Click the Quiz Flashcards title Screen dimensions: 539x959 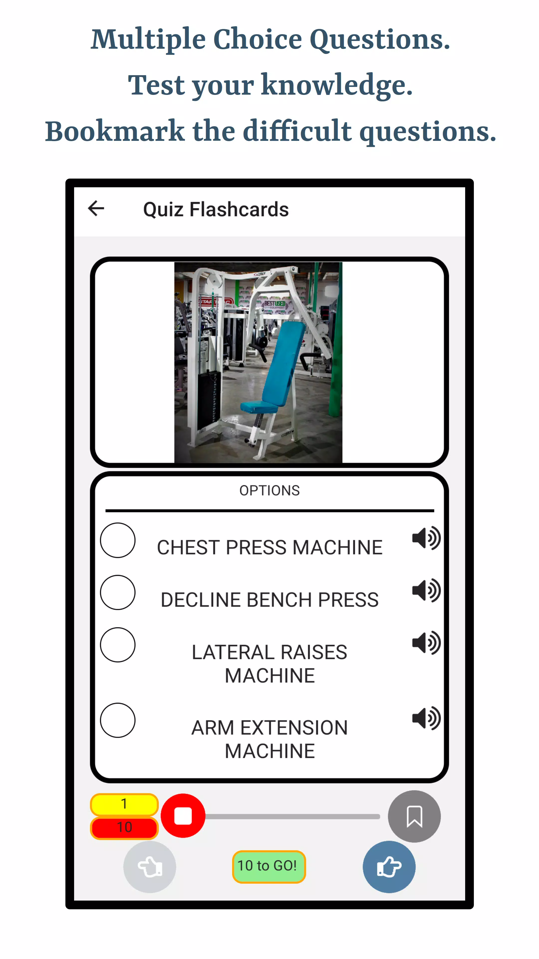(x=216, y=209)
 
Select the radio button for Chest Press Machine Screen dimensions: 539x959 (x=118, y=540)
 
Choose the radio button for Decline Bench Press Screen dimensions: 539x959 (x=118, y=592)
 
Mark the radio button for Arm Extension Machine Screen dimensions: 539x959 (x=118, y=720)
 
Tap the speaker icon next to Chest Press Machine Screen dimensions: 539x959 (x=426, y=538)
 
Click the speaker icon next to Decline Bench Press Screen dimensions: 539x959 (x=426, y=590)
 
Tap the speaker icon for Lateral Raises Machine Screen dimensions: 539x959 (x=426, y=643)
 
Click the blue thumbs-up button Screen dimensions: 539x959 (x=389, y=867)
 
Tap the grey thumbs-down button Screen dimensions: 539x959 (x=149, y=867)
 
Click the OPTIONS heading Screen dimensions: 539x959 (x=269, y=490)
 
